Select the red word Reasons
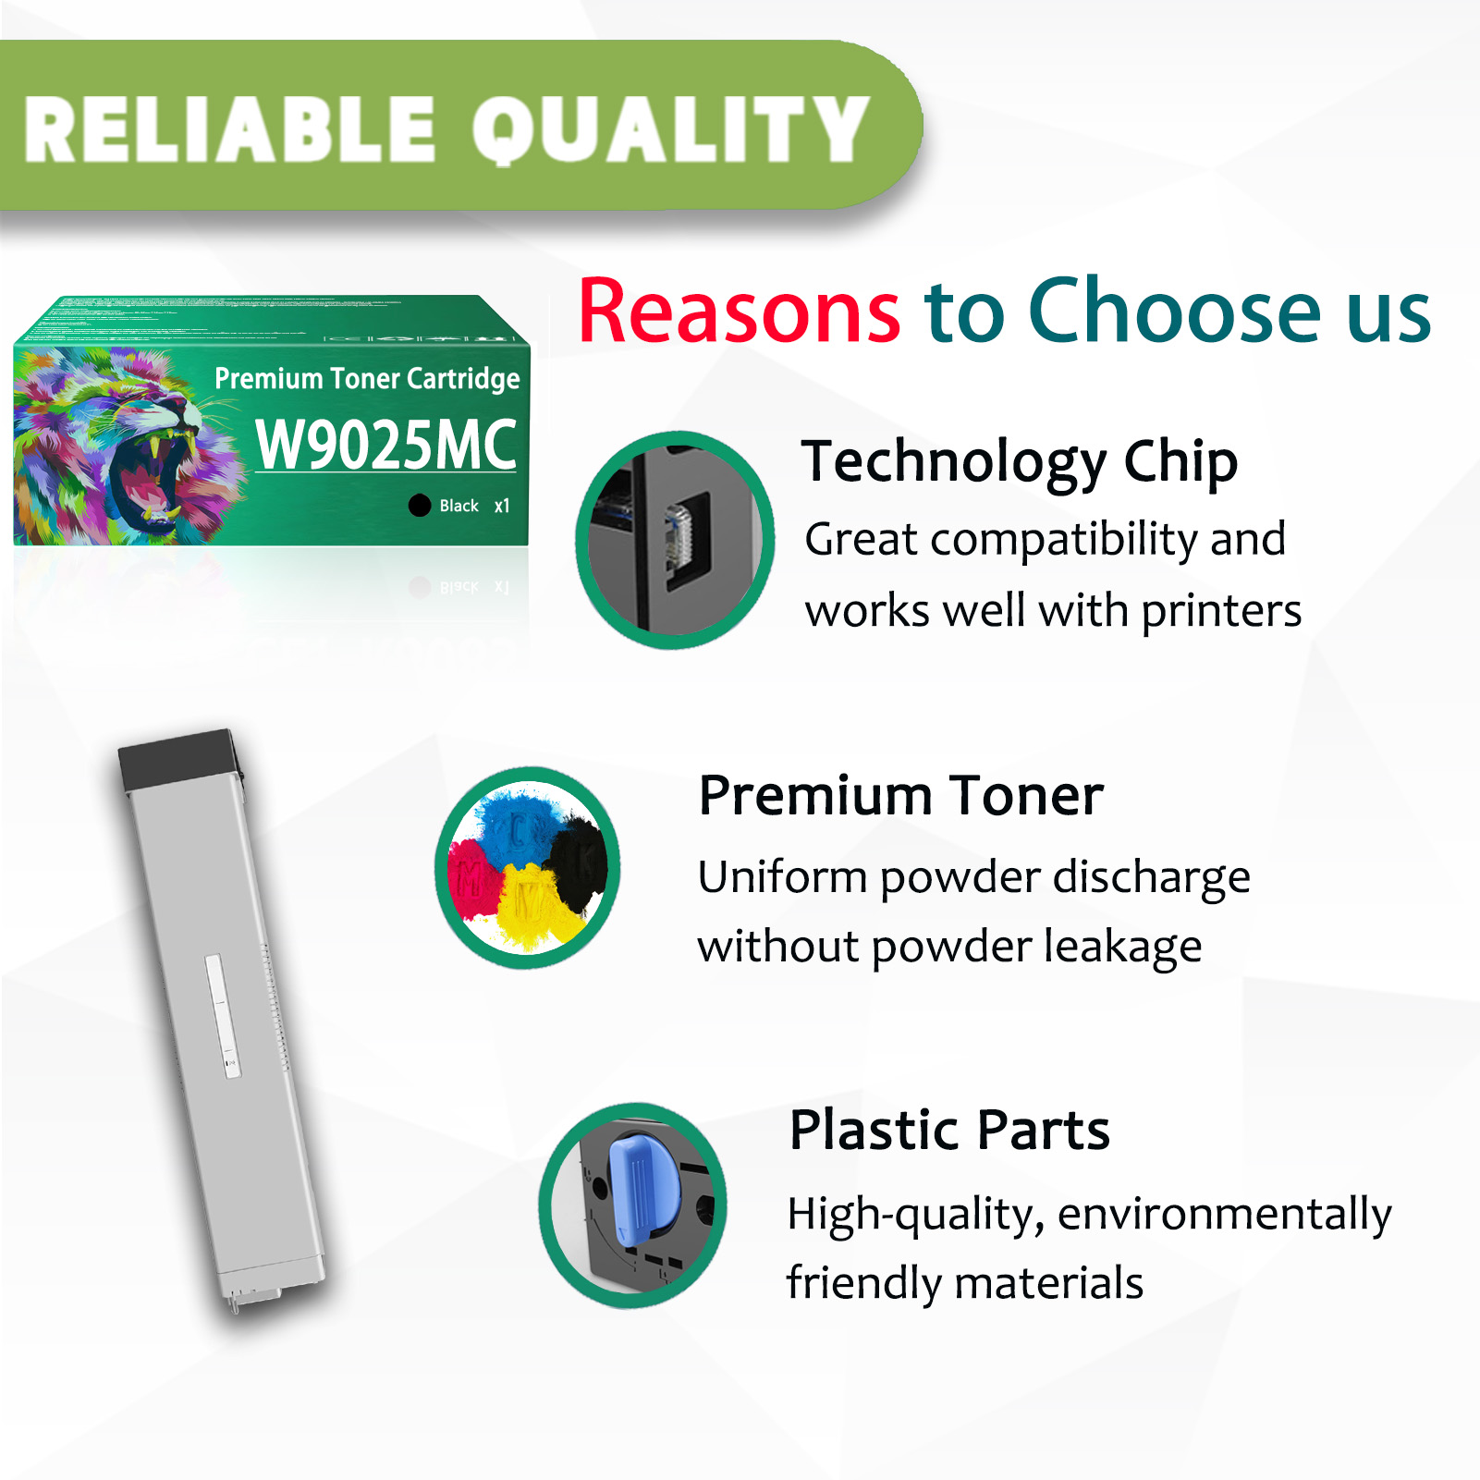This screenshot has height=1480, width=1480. (x=740, y=312)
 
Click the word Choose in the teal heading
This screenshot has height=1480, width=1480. (x=1176, y=312)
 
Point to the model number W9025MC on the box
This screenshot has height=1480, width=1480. (x=385, y=445)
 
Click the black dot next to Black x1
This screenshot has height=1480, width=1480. (x=420, y=506)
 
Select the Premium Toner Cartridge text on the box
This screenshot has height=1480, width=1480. (x=367, y=378)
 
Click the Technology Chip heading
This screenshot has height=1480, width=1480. (x=1019, y=461)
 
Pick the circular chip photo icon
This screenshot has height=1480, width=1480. (x=675, y=540)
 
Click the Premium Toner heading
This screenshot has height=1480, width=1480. (x=900, y=796)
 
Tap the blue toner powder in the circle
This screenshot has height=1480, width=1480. (x=518, y=823)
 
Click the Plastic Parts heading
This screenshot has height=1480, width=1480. (x=949, y=1130)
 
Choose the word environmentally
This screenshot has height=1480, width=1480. (x=1224, y=1215)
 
